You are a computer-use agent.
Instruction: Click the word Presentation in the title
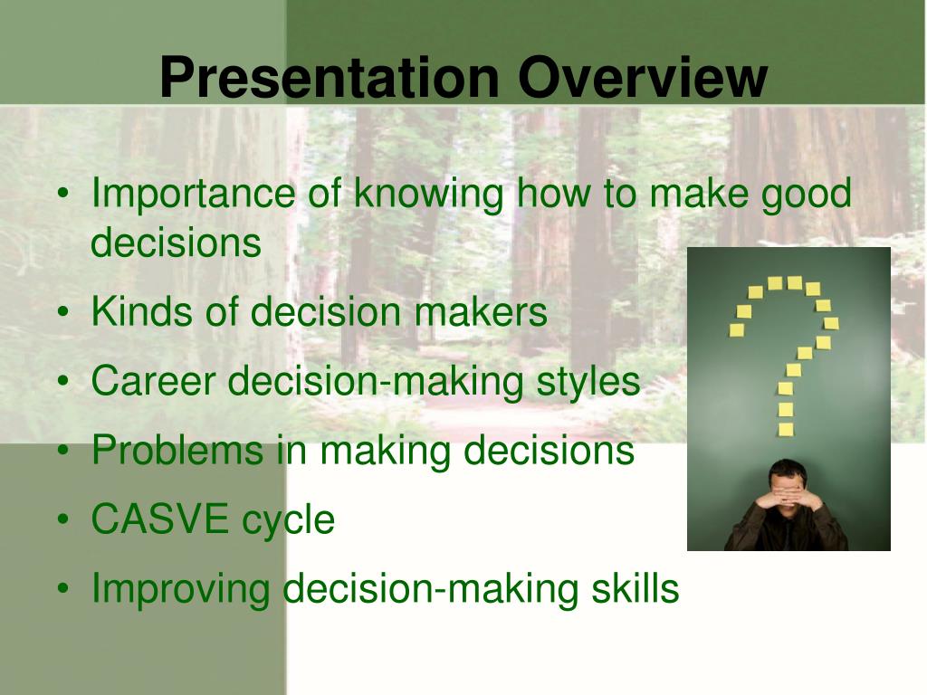click(330, 77)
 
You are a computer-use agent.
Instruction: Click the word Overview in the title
click(643, 77)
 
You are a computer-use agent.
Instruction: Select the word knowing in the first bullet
click(429, 194)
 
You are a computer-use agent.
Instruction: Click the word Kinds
click(142, 311)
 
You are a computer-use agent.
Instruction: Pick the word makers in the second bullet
click(480, 311)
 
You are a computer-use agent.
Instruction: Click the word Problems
click(177, 450)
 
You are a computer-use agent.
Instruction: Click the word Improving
click(180, 590)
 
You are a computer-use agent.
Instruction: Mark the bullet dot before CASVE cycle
click(63, 519)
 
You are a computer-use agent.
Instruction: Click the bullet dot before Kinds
click(63, 311)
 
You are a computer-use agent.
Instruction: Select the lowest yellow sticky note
click(786, 429)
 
